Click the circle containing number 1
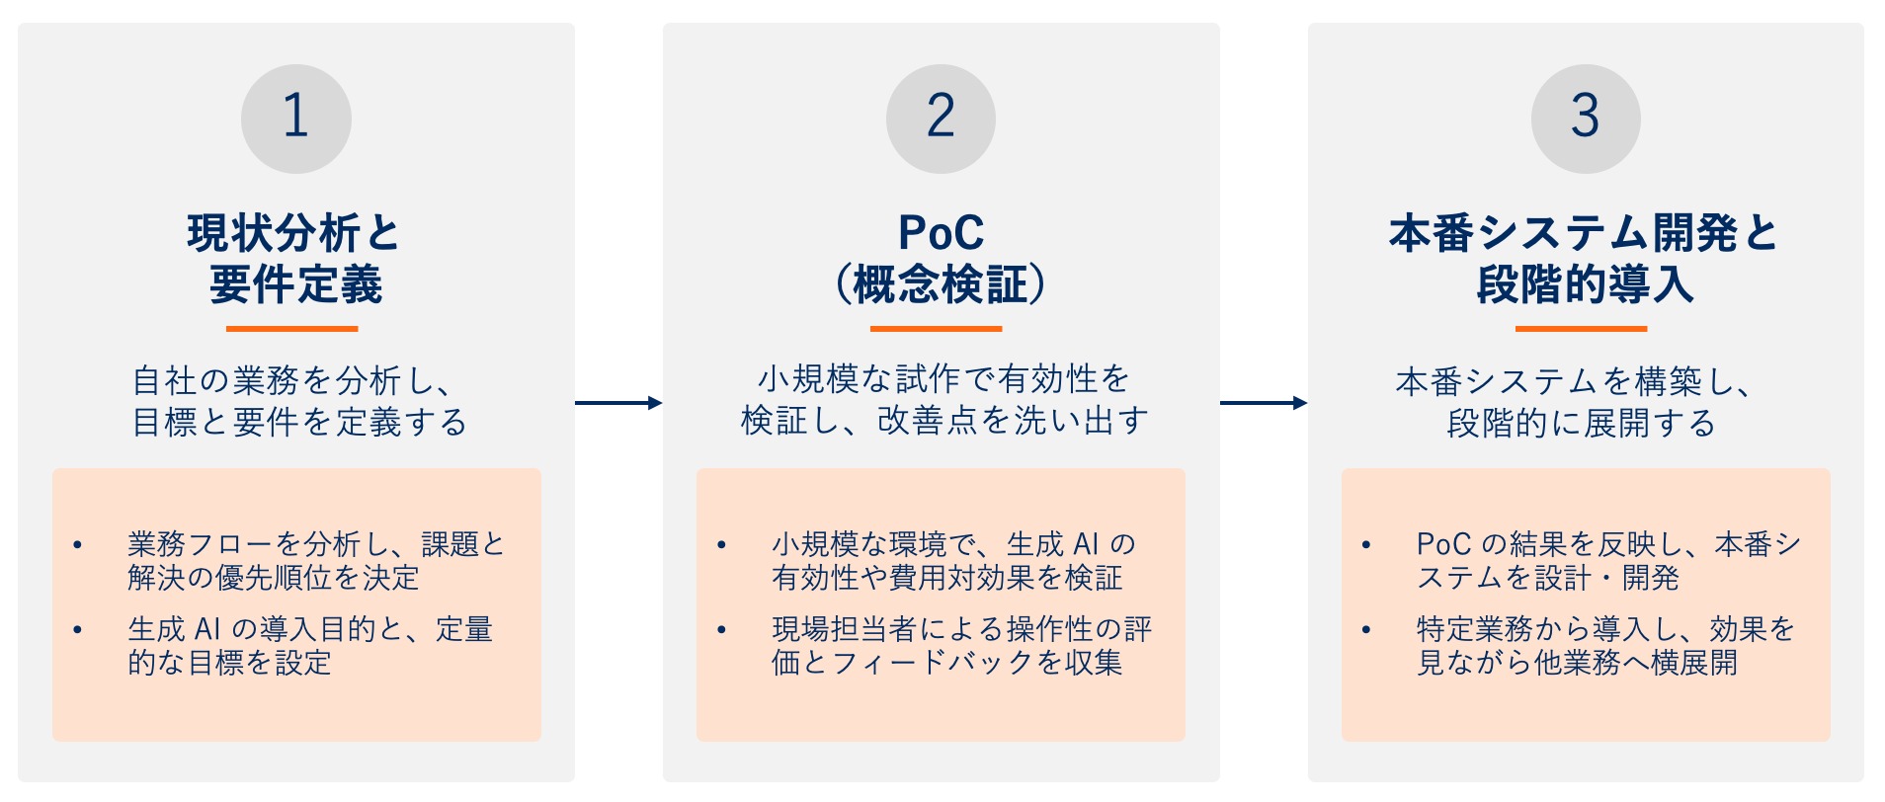click(296, 119)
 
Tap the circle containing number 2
click(941, 119)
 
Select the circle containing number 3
click(1586, 119)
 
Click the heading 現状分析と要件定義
click(294, 259)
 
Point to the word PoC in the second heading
click(941, 233)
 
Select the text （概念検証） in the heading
click(941, 284)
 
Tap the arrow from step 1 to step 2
click(618, 402)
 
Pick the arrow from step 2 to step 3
click(1264, 402)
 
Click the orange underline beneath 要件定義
click(291, 329)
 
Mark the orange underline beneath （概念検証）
click(937, 329)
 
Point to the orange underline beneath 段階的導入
click(1582, 329)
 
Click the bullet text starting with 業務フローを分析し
click(316, 561)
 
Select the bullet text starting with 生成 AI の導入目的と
click(310, 646)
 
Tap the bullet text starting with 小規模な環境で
click(954, 561)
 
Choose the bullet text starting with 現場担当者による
click(962, 646)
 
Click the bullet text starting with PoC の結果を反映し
click(1608, 561)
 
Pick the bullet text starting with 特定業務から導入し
click(1605, 646)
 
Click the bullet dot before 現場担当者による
click(722, 629)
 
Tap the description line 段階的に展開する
click(1581, 423)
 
